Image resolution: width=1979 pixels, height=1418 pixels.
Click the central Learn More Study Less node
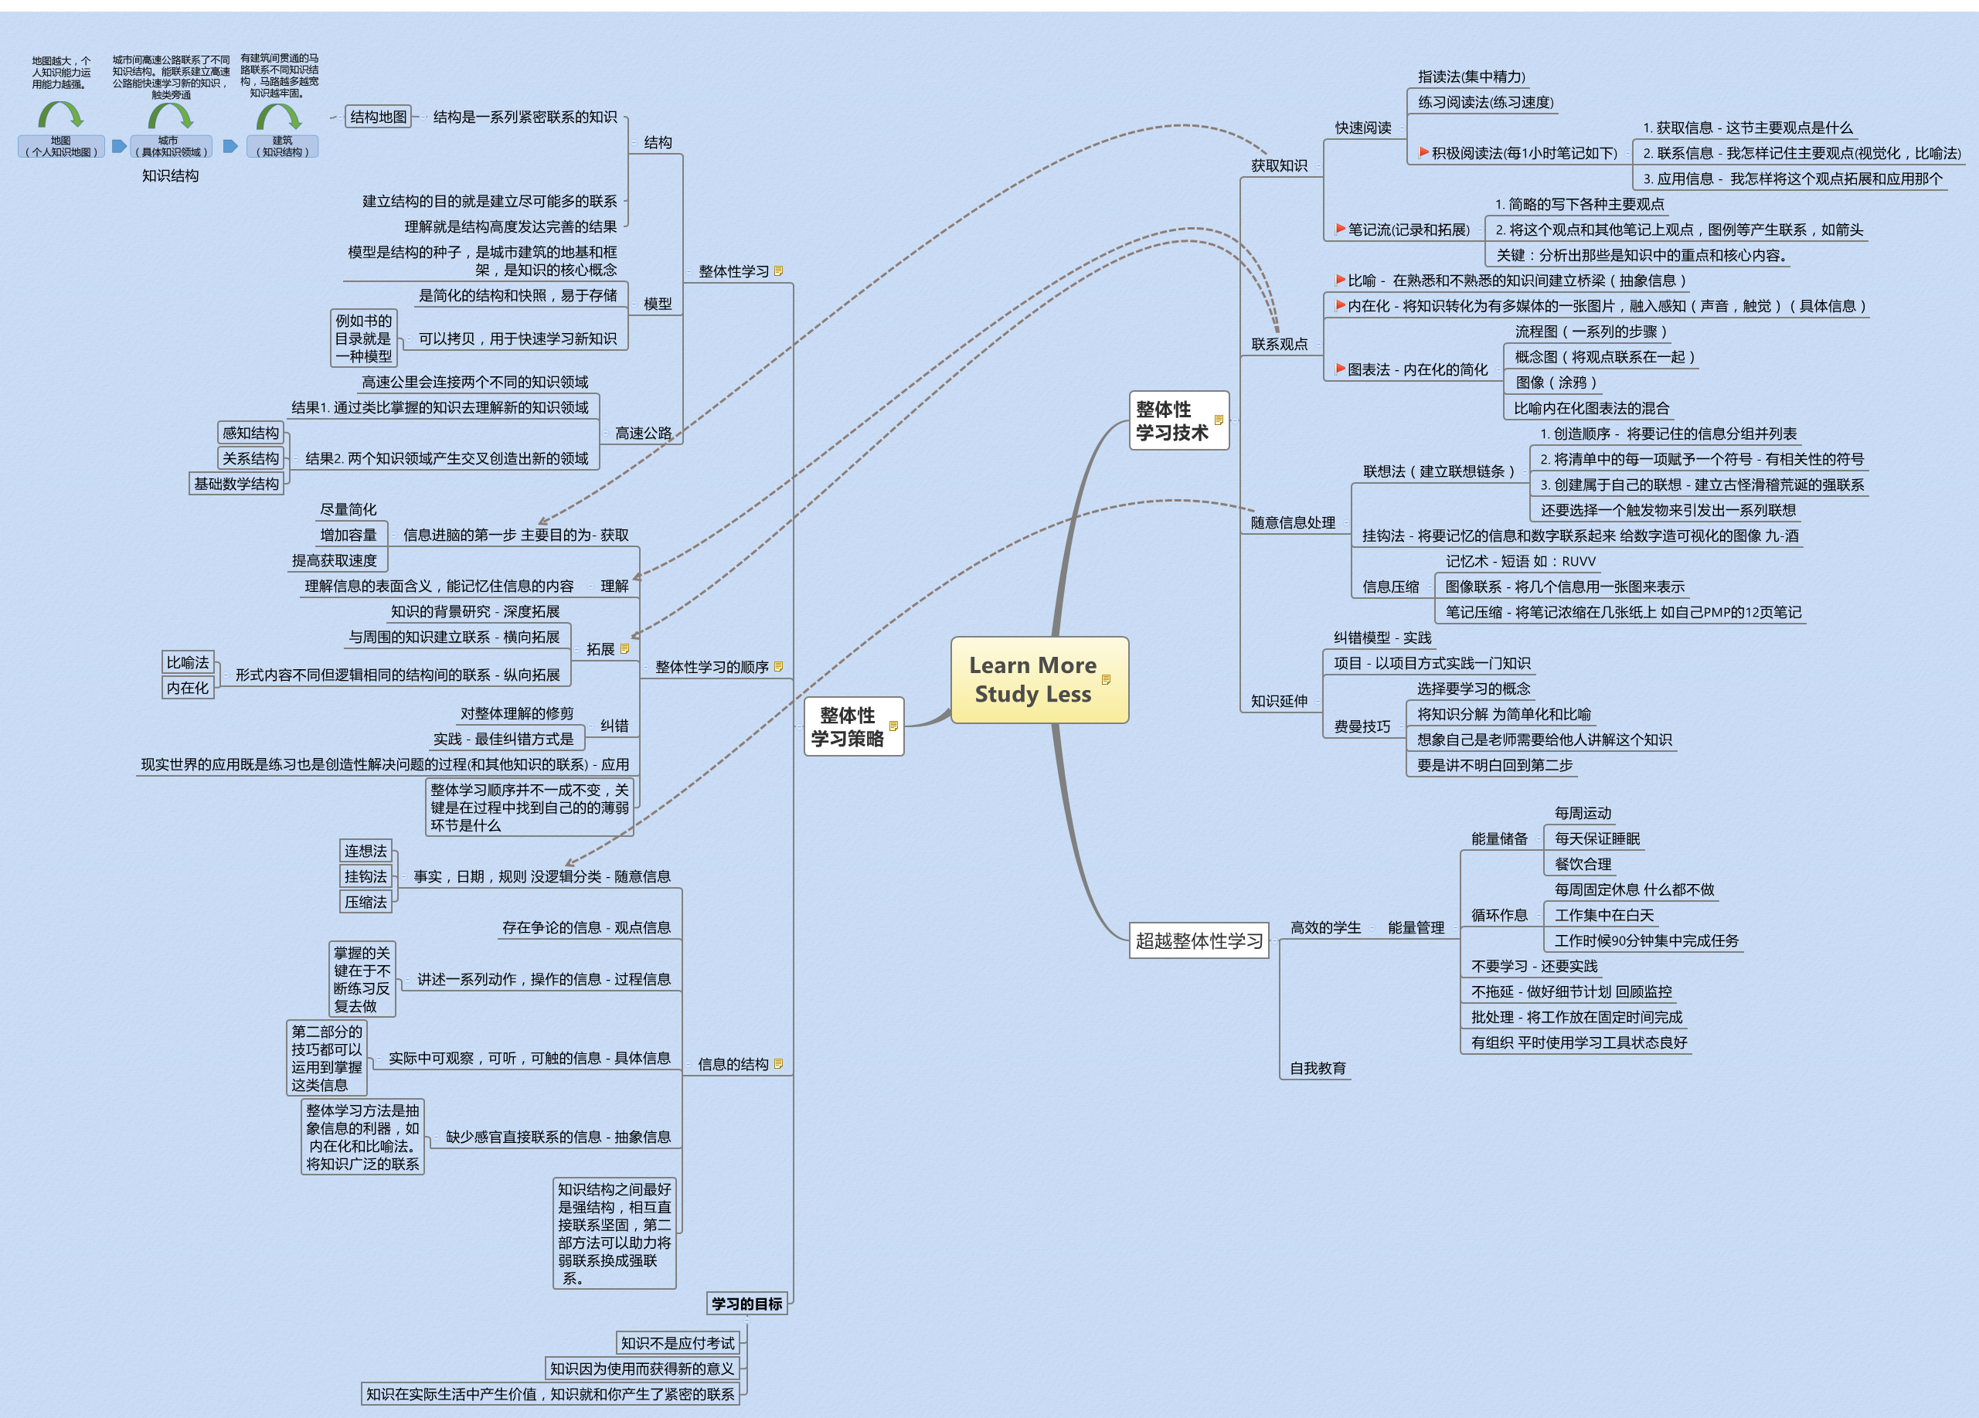point(1039,680)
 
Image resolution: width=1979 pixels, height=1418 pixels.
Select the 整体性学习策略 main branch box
point(853,726)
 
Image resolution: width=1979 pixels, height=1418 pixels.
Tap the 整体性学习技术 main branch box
point(1179,420)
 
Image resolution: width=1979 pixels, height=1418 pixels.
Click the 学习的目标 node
point(747,1304)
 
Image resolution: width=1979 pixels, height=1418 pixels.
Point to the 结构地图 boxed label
point(379,117)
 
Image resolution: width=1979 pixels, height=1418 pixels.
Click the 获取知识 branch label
point(1279,166)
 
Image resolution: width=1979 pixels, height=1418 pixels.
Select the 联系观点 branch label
point(1279,344)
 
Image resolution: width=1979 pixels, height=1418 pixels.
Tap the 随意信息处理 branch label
point(1293,522)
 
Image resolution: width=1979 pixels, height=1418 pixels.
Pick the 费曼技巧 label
point(1362,726)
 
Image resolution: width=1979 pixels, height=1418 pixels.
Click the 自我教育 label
point(1318,1068)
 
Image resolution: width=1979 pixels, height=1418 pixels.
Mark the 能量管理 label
point(1416,927)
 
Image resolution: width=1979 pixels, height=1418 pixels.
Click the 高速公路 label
point(644,433)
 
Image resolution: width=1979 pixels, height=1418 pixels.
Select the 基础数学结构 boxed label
point(236,484)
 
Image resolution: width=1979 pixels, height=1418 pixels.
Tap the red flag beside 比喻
point(1340,280)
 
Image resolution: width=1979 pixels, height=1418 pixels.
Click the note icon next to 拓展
point(624,648)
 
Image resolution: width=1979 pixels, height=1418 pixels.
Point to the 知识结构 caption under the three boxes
point(170,175)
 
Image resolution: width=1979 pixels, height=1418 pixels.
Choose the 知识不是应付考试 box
point(678,1343)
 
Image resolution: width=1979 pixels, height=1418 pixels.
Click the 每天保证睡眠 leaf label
point(1596,838)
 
